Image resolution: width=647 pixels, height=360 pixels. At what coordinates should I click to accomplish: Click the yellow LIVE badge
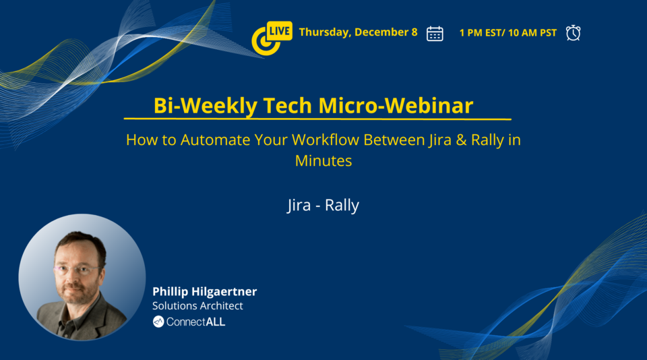pyautogui.click(x=279, y=30)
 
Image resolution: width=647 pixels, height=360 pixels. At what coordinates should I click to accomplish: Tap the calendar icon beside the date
pyautogui.click(x=435, y=33)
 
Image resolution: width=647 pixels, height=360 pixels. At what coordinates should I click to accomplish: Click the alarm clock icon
pyautogui.click(x=573, y=32)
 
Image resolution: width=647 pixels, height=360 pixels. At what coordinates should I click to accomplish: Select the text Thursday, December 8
pyautogui.click(x=358, y=32)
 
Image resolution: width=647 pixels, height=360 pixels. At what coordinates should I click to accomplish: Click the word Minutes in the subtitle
pyautogui.click(x=323, y=161)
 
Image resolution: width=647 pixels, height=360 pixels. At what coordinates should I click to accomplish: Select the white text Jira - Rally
pyautogui.click(x=323, y=205)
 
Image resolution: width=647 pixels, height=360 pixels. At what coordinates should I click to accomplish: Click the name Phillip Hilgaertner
pyautogui.click(x=204, y=291)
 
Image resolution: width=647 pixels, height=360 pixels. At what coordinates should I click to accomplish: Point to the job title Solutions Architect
pyautogui.click(x=197, y=306)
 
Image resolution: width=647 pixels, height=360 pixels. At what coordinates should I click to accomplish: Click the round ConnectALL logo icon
pyautogui.click(x=158, y=322)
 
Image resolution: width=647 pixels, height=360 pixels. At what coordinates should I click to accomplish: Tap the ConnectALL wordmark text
pyautogui.click(x=195, y=322)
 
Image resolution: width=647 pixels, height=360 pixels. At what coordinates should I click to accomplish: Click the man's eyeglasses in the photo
pyautogui.click(x=76, y=270)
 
